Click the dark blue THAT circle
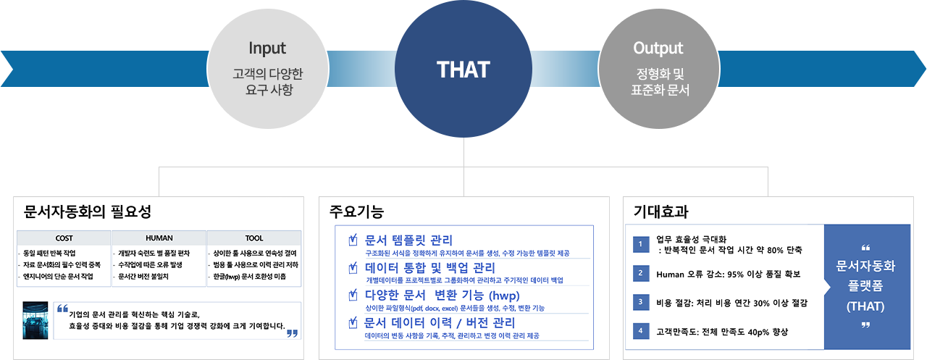(463, 70)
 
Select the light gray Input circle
(267, 70)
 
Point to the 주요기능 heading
(356, 212)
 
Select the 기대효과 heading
(660, 212)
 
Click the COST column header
(64, 238)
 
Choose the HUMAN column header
(159, 238)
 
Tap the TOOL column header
(254, 238)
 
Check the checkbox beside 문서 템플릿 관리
(353, 240)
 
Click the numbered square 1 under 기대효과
(640, 244)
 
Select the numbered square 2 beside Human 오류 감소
(640, 274)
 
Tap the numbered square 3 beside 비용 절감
(640, 302)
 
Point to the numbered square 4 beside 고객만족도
(640, 331)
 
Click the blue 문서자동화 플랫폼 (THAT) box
(866, 286)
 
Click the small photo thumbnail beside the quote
(35, 319)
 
